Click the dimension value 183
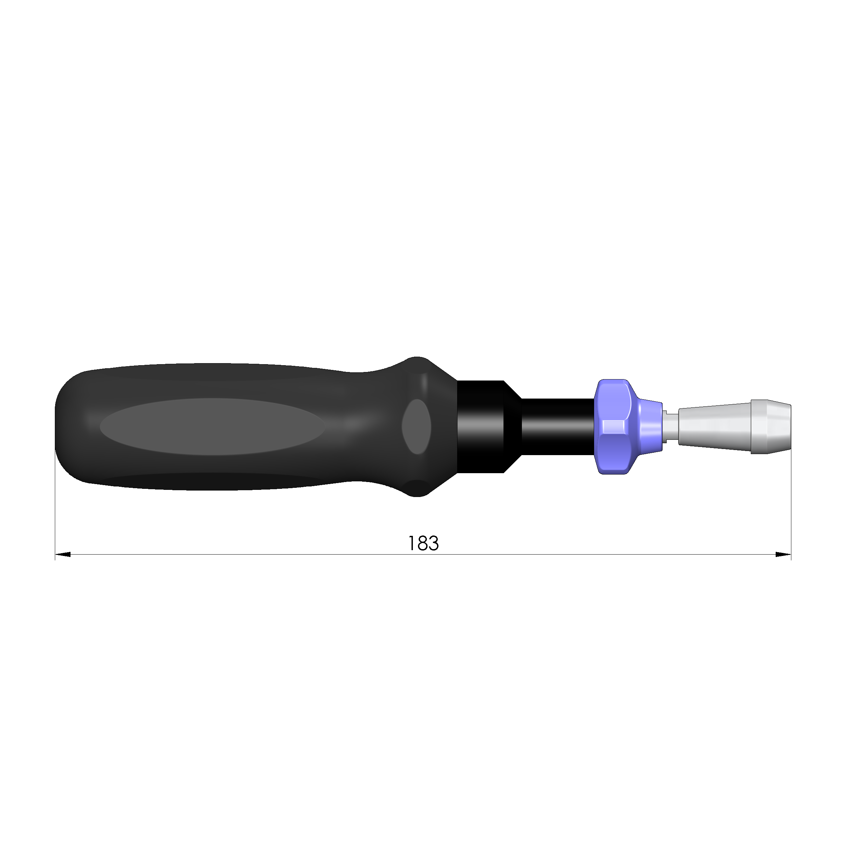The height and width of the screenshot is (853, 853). click(x=423, y=543)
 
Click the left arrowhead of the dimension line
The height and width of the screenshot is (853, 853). click(x=63, y=555)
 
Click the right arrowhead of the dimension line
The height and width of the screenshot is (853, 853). click(x=783, y=555)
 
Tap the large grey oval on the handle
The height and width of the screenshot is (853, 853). click(x=213, y=427)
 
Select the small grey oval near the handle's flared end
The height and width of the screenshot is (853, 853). click(x=416, y=427)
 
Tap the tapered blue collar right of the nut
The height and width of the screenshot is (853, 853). click(x=650, y=427)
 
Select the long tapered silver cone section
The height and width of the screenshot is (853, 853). click(x=714, y=427)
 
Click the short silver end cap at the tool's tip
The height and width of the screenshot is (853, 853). click(x=771, y=427)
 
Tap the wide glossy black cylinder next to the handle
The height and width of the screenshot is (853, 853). click(x=480, y=427)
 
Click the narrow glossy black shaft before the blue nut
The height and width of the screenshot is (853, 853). click(x=557, y=427)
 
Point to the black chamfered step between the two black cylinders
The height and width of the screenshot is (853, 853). click(x=513, y=427)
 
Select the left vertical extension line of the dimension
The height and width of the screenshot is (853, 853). click(x=55, y=508)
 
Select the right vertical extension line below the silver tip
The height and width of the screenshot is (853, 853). click(x=791, y=508)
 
